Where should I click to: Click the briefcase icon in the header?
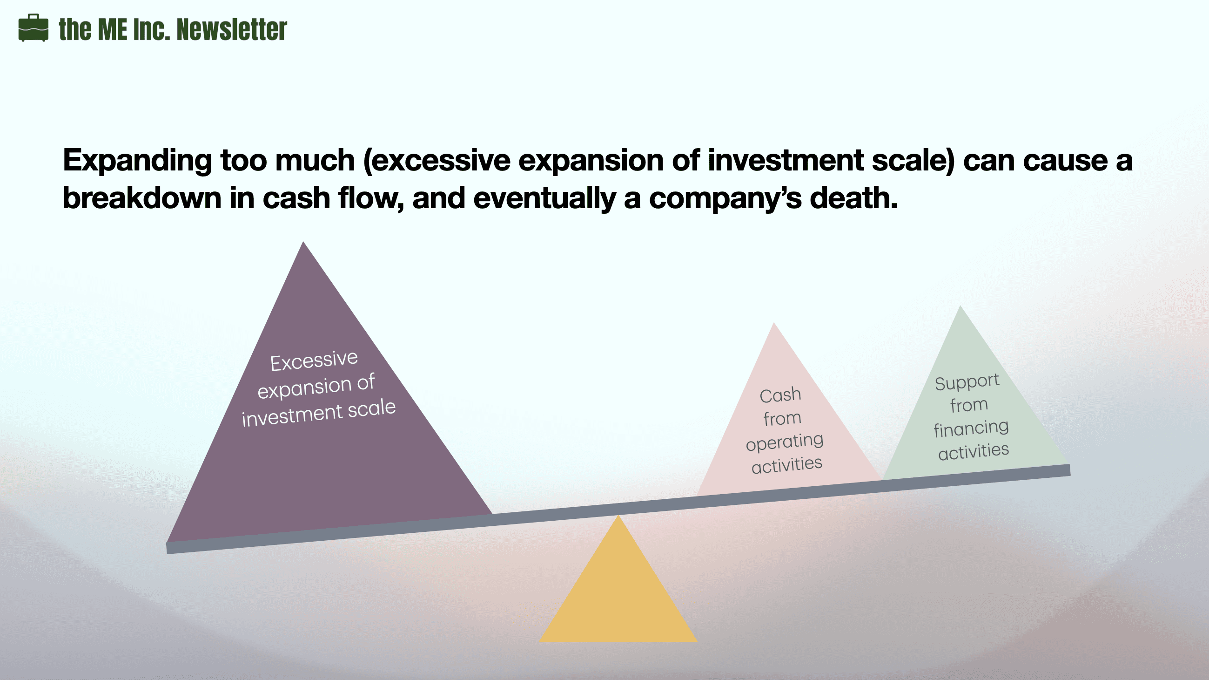[x=34, y=27]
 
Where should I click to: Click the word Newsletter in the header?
[x=231, y=29]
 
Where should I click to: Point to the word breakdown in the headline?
[x=142, y=197]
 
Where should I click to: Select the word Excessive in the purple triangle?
[x=314, y=361]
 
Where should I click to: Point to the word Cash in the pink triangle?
[x=780, y=395]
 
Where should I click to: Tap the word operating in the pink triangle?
[x=784, y=442]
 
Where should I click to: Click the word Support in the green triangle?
[x=967, y=382]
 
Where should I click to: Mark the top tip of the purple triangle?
[x=303, y=242]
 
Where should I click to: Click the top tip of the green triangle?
[x=960, y=306]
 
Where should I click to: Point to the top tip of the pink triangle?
[x=774, y=323]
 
